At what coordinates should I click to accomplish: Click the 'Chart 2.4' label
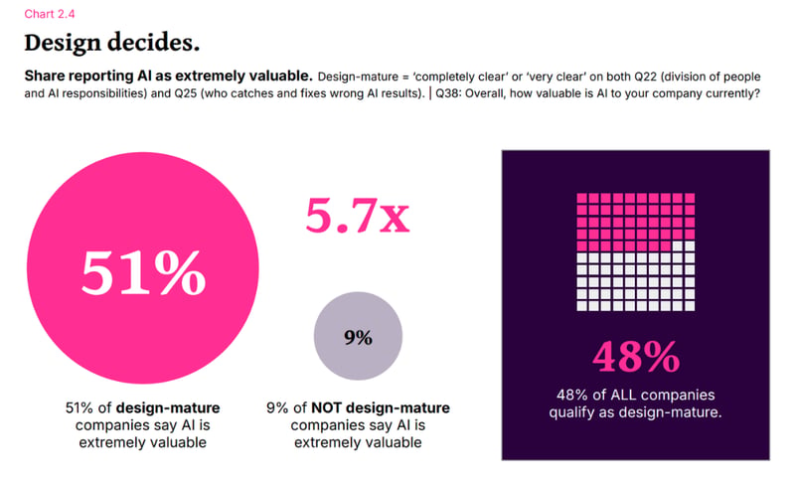pyautogui.click(x=49, y=14)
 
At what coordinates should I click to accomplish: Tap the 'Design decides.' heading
pyautogui.click(x=112, y=43)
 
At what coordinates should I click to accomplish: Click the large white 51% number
pyautogui.click(x=143, y=272)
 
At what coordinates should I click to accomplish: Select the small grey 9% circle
pyautogui.click(x=358, y=336)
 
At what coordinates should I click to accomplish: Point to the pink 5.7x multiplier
pyautogui.click(x=358, y=216)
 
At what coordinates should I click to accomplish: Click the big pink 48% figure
pyautogui.click(x=636, y=357)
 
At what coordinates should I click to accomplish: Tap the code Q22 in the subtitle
pyautogui.click(x=645, y=77)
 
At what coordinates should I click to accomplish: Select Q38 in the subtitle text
pyautogui.click(x=447, y=93)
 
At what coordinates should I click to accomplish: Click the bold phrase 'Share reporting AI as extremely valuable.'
pyautogui.click(x=168, y=76)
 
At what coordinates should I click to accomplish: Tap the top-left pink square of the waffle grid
pyautogui.click(x=582, y=198)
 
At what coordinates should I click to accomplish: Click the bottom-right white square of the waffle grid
pyautogui.click(x=690, y=306)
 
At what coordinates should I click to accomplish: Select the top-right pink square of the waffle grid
pyautogui.click(x=690, y=198)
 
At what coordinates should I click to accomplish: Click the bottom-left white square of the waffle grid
pyautogui.click(x=582, y=306)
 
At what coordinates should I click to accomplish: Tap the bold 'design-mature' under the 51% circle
pyautogui.click(x=168, y=408)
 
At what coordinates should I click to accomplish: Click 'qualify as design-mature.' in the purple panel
pyautogui.click(x=635, y=412)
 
